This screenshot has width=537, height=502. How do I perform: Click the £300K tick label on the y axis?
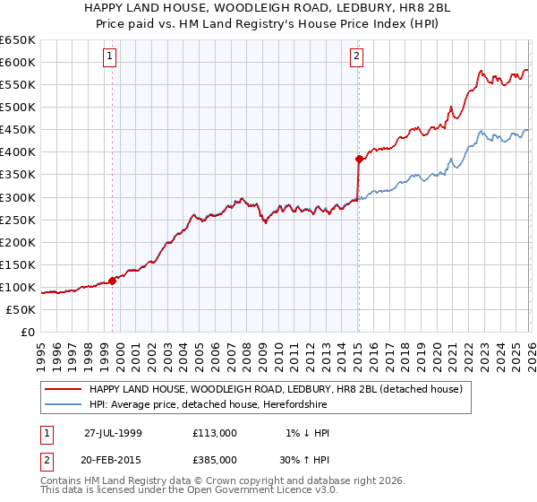point(17,197)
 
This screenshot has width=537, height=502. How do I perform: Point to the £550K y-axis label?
point(17,84)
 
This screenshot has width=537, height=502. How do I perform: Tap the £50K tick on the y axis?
point(21,309)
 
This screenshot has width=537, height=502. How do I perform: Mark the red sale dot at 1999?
point(113,281)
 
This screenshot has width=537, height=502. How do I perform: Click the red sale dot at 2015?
point(359,159)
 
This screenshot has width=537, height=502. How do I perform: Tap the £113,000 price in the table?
point(214,433)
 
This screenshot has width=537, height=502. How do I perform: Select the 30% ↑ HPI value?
point(304,458)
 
